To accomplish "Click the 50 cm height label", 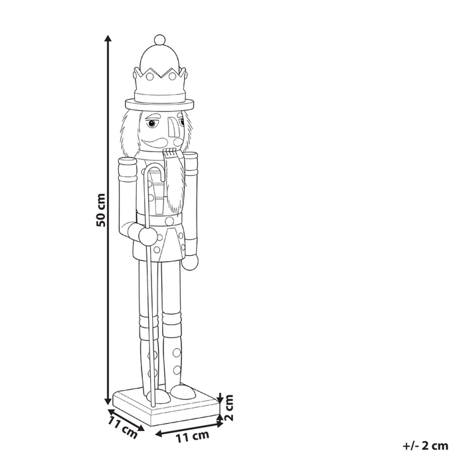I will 100,210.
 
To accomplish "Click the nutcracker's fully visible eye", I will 153,124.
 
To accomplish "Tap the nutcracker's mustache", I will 158,141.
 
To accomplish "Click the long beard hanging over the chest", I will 175,186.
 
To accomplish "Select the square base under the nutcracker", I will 166,407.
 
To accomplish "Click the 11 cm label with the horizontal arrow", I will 190,436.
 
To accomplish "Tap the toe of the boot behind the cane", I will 186,395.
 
